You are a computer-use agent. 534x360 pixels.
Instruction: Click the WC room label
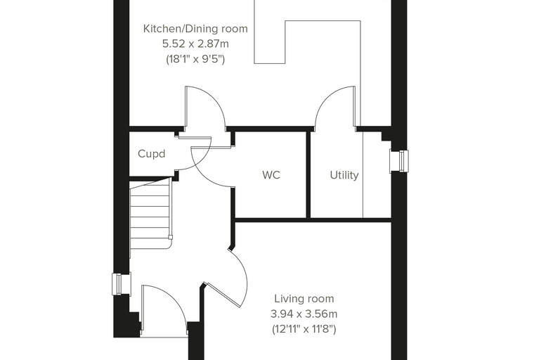coord(271,175)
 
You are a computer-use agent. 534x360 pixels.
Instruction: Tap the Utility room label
coord(344,175)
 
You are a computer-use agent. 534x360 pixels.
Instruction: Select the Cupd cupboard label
coord(152,154)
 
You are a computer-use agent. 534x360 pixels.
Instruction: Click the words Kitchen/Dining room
coord(195,29)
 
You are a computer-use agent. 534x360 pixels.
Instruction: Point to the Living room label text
coord(304,299)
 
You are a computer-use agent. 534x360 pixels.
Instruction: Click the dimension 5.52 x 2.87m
coord(195,44)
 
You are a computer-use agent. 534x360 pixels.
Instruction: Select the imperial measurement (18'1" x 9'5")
coord(195,59)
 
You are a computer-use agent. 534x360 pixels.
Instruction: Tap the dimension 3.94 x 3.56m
coord(304,314)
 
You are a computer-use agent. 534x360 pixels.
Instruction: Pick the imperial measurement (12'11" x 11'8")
coord(304,329)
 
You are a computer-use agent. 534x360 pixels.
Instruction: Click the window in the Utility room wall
coord(399,161)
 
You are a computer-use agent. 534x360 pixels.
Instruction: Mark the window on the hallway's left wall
coord(122,284)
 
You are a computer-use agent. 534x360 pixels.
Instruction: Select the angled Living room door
coord(224,295)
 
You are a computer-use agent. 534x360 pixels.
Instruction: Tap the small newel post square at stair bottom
coord(170,237)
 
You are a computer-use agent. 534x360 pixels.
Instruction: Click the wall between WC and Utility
coord(308,174)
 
